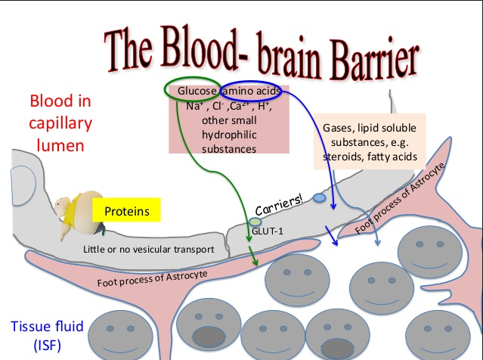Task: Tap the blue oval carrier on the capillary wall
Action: point(320,198)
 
